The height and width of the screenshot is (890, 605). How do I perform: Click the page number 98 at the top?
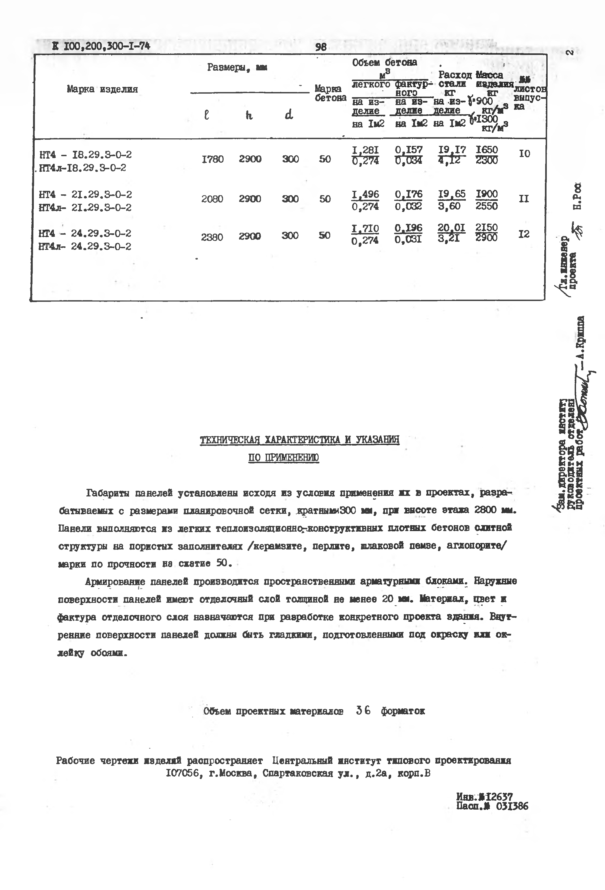pyautogui.click(x=321, y=47)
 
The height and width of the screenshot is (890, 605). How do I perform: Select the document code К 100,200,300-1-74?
pyautogui.click(x=101, y=46)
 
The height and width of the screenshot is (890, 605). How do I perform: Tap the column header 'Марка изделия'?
pyautogui.click(x=102, y=89)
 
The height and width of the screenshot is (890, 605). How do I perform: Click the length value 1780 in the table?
pyautogui.click(x=212, y=159)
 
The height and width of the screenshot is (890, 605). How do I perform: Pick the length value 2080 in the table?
pyautogui.click(x=212, y=199)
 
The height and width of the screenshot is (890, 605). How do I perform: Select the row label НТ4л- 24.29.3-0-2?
pyautogui.click(x=85, y=246)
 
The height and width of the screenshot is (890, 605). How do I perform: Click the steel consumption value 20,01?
pyautogui.click(x=452, y=228)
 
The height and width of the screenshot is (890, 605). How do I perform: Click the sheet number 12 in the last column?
pyautogui.click(x=524, y=234)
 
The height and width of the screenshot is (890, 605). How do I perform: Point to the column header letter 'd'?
pyautogui.click(x=289, y=114)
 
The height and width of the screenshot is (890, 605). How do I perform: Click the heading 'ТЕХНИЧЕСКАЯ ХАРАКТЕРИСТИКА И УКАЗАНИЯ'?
pyautogui.click(x=299, y=440)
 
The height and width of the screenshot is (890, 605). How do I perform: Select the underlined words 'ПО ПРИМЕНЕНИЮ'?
pyautogui.click(x=283, y=458)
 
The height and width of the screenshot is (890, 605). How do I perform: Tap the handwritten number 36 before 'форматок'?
pyautogui.click(x=363, y=710)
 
